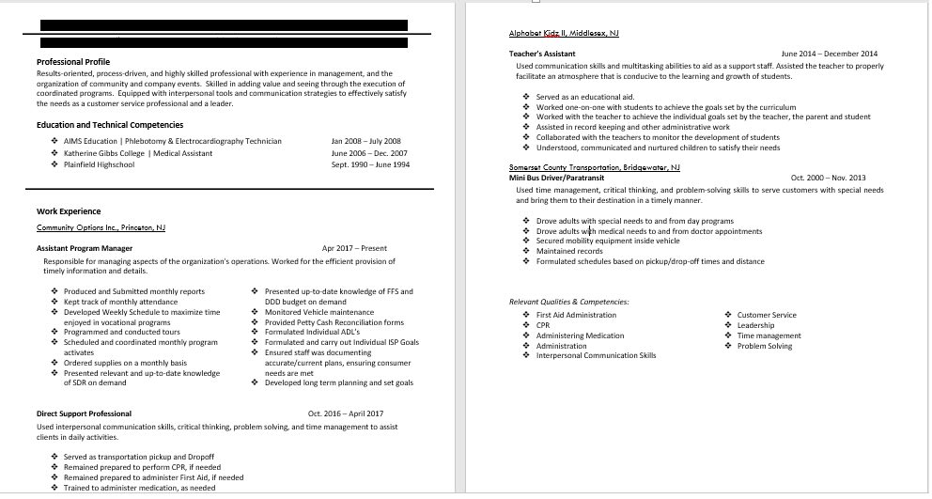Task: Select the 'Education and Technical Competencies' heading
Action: coord(110,125)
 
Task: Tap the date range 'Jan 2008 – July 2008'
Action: coord(365,141)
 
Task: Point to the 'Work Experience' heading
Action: coord(69,211)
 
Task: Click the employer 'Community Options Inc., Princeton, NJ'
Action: coord(101,227)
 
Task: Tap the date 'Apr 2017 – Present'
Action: coord(354,248)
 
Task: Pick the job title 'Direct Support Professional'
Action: coord(84,413)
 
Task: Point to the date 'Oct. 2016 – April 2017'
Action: coord(345,413)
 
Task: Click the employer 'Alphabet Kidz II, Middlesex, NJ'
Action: coord(564,34)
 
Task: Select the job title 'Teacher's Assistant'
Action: coord(542,54)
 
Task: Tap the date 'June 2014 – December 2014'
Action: coord(829,54)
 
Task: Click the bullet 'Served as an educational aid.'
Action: coord(584,97)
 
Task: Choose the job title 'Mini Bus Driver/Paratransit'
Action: coord(556,177)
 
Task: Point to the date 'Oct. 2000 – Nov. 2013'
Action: coord(828,177)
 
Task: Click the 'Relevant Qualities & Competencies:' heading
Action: coord(568,302)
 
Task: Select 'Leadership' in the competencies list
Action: coord(756,325)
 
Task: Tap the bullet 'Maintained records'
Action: coord(569,251)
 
